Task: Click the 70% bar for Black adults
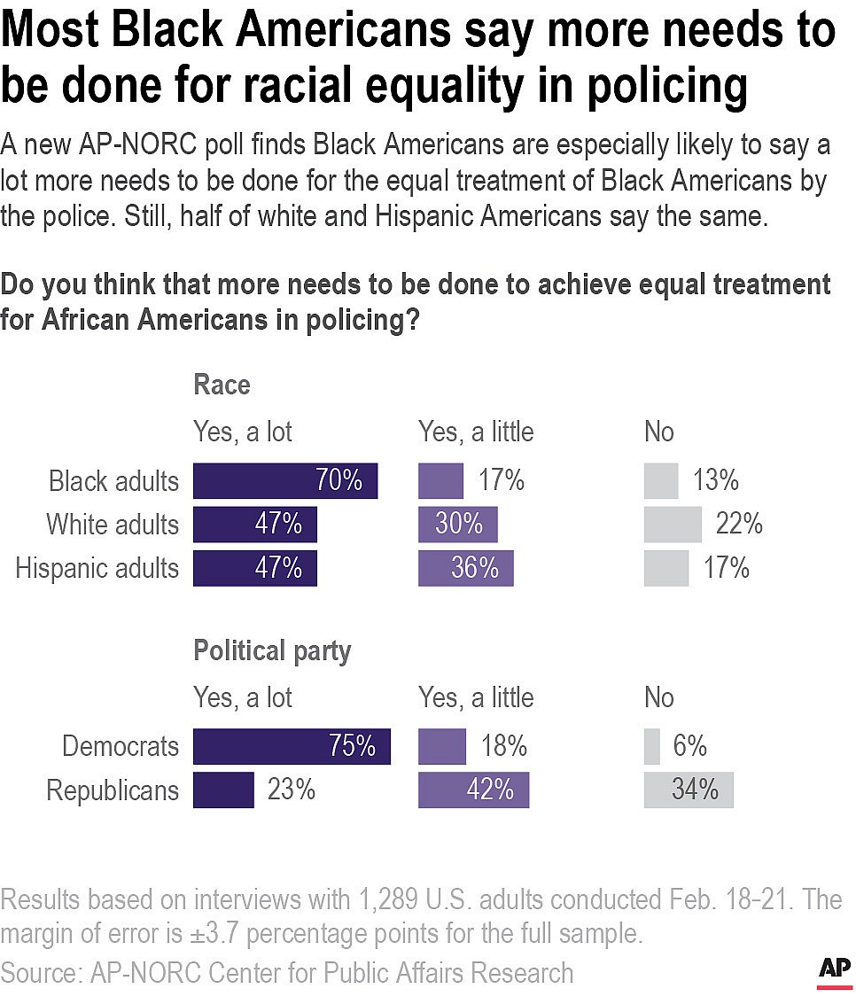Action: point(284,480)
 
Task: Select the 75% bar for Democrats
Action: point(291,746)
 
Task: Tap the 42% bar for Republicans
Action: point(473,790)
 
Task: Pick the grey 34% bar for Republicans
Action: point(688,790)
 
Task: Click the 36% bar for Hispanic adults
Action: point(465,568)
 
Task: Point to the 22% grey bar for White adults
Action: point(672,525)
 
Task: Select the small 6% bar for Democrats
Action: point(651,746)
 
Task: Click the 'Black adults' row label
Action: point(113,481)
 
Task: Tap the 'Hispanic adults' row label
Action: point(97,568)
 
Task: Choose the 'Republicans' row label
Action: point(112,790)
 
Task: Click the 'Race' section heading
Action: point(222,385)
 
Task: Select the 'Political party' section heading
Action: point(272,651)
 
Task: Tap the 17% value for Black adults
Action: point(501,480)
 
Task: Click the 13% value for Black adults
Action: point(715,480)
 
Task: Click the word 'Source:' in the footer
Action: point(42,972)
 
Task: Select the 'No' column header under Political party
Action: point(658,697)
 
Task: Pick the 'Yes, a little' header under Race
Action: point(476,432)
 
